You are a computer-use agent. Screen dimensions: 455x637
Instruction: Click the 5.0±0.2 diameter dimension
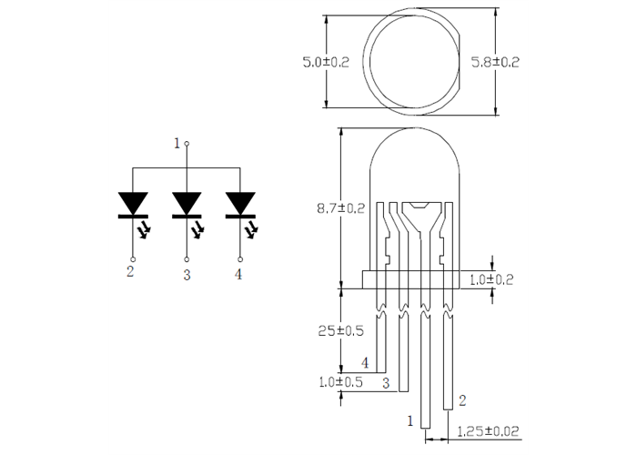[326, 63]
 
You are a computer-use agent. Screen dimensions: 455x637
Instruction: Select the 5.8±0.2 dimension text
[495, 63]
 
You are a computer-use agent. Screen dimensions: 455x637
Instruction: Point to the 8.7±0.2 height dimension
[340, 208]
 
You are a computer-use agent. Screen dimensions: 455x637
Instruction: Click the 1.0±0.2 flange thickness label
[490, 279]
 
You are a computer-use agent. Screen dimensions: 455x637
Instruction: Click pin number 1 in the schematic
[177, 143]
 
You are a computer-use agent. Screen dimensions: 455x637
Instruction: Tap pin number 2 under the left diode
[130, 272]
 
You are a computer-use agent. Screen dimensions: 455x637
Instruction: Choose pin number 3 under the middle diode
[187, 274]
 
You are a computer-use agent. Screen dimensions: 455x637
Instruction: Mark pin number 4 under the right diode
[238, 274]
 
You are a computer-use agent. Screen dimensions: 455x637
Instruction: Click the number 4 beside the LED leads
[365, 363]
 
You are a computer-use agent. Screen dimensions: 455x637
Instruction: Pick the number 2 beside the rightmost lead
[462, 399]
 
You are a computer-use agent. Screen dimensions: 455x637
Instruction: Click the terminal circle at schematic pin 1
[187, 144]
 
